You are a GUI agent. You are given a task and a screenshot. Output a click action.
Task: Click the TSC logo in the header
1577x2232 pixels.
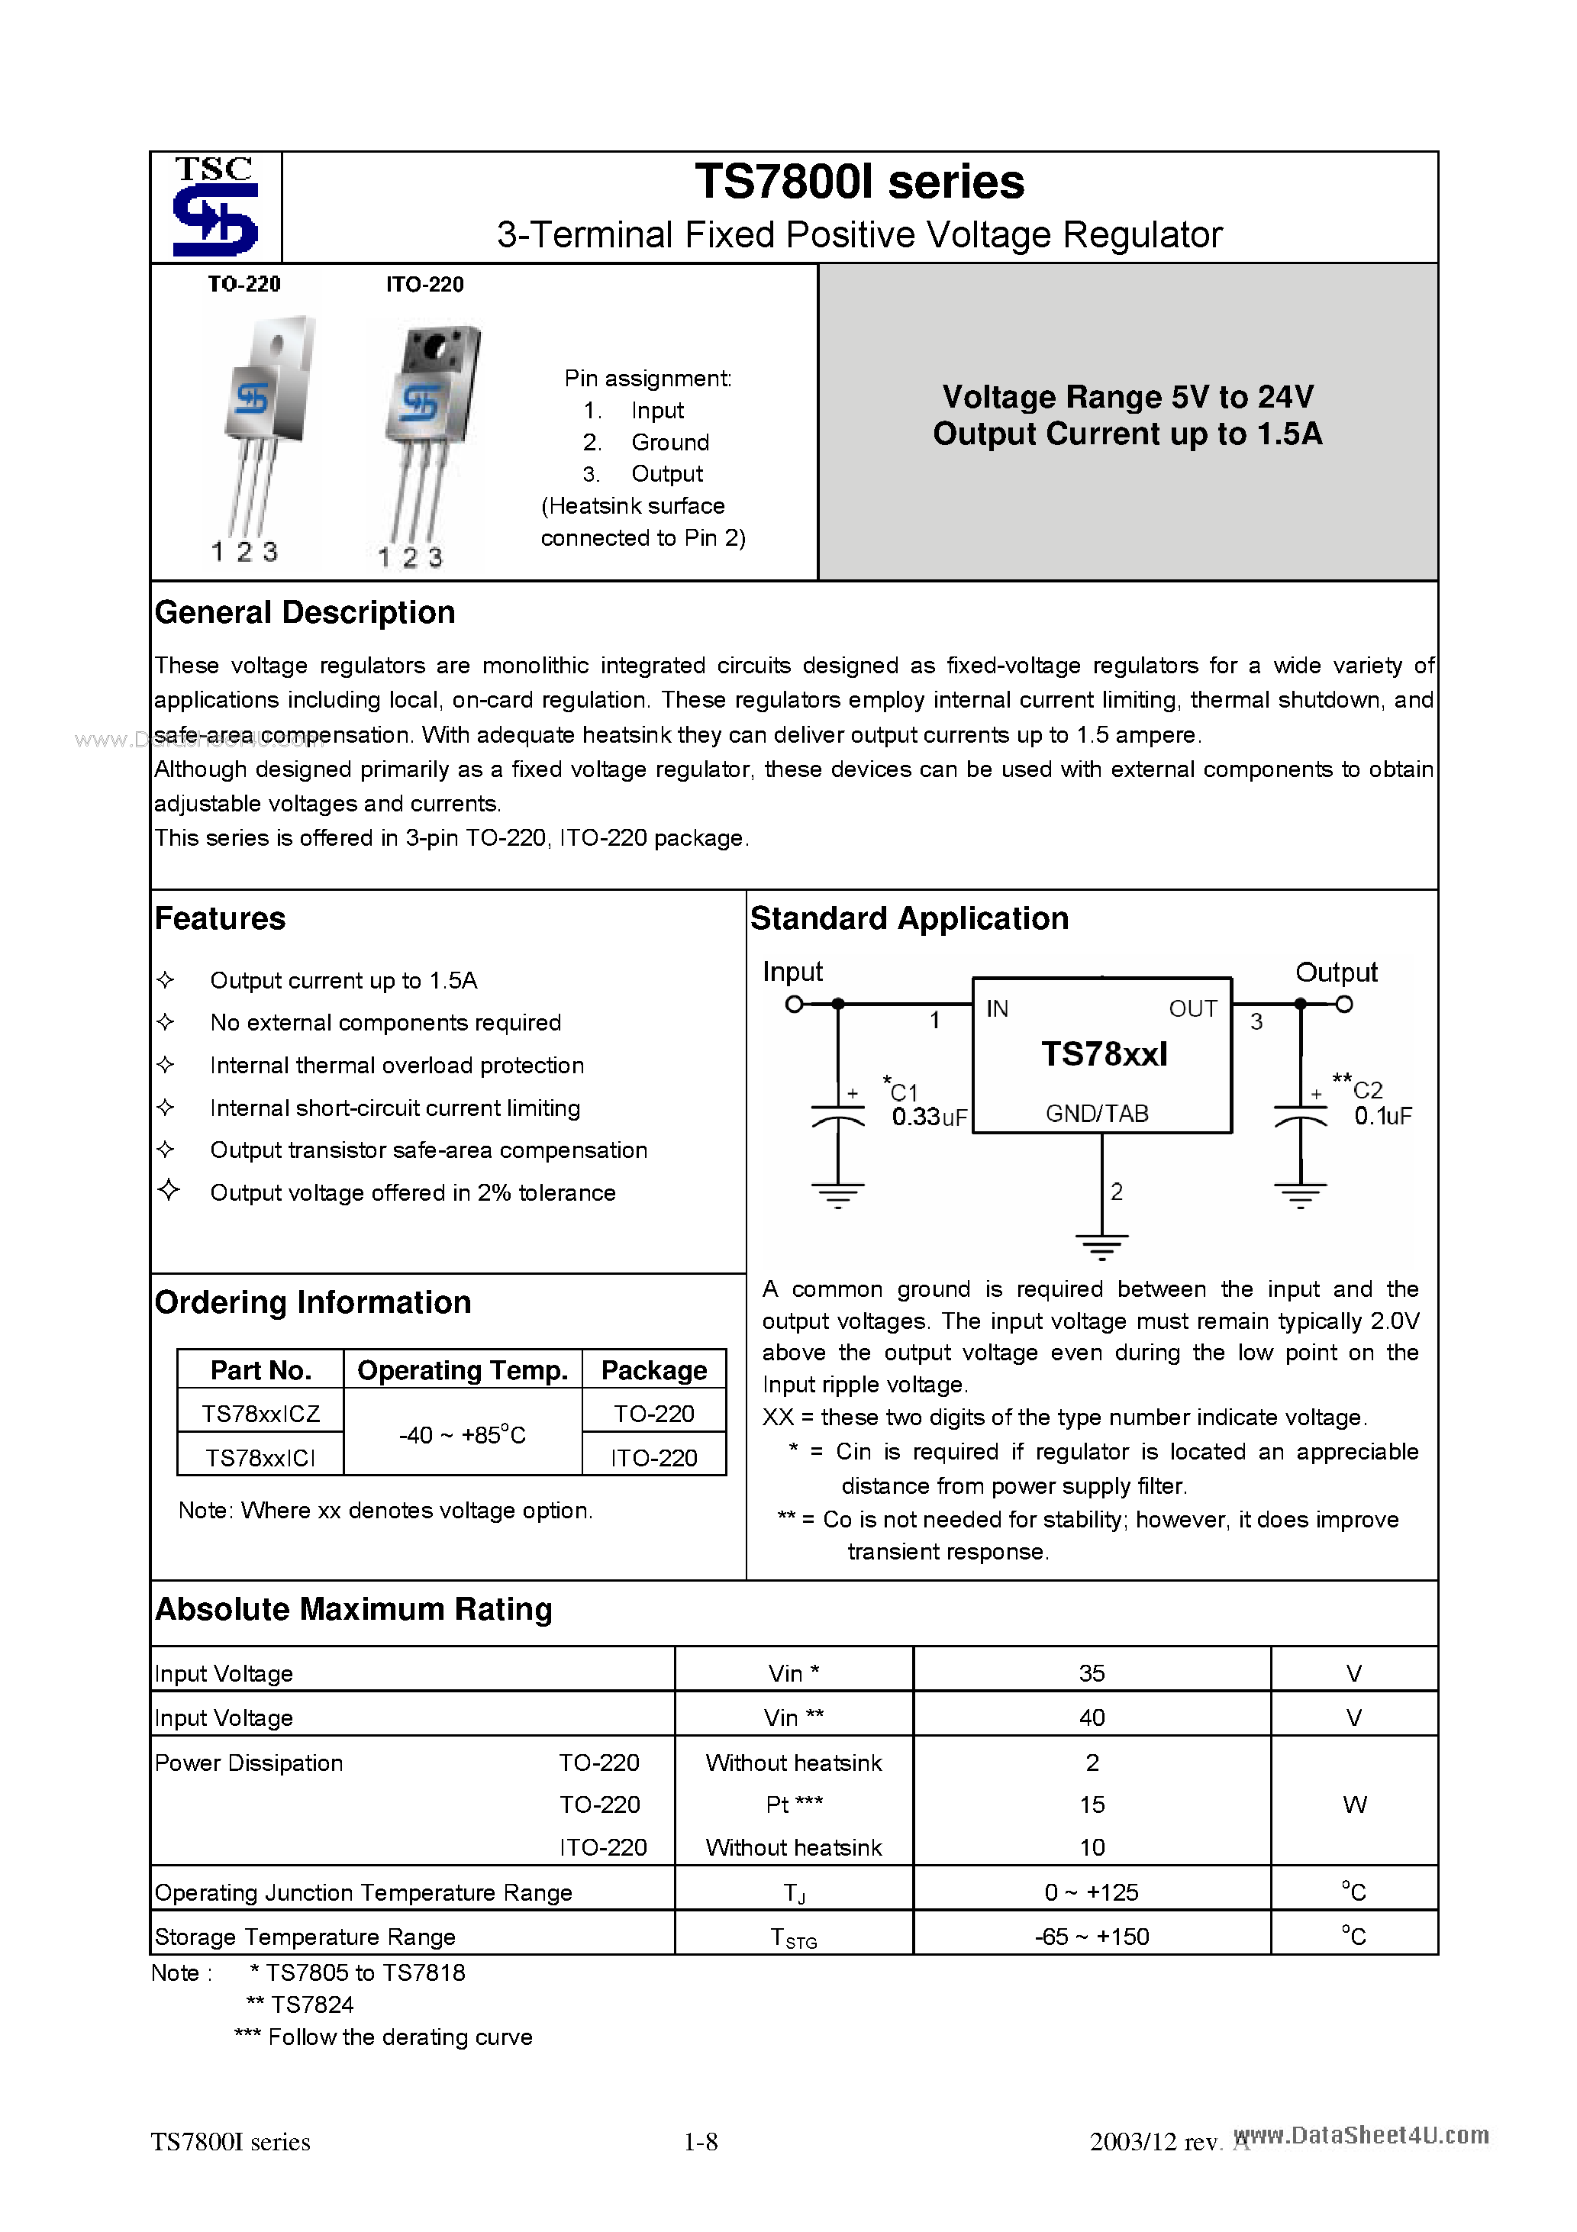point(214,207)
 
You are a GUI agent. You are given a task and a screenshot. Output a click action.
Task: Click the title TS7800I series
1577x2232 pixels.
point(859,182)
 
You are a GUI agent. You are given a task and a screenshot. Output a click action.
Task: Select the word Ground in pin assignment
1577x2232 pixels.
point(670,442)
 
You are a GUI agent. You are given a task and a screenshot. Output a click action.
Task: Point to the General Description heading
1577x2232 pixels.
point(305,612)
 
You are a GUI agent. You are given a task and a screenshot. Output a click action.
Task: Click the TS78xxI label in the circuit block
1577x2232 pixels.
point(1104,1053)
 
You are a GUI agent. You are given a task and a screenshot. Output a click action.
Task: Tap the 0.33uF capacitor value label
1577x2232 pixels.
point(928,1117)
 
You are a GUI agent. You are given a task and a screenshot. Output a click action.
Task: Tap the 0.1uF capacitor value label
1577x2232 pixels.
point(1382,1116)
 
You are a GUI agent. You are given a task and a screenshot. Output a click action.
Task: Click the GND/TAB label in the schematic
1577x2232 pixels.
point(1097,1113)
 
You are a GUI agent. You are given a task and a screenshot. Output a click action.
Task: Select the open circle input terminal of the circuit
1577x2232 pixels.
point(795,1005)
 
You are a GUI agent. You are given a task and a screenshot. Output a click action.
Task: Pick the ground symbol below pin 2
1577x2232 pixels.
point(1101,1245)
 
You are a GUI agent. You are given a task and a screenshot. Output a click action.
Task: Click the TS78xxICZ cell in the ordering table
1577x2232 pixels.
point(260,1414)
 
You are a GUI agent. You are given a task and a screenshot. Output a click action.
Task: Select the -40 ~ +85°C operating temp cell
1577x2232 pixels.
point(462,1435)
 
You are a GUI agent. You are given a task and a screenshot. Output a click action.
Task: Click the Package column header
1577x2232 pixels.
point(653,1369)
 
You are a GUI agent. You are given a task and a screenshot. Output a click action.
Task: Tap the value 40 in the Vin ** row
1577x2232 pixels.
point(1091,1718)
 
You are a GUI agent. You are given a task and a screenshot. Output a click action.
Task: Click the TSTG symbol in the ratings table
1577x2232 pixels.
point(793,1937)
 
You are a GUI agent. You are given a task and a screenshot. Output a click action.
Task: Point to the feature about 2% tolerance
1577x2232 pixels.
point(412,1193)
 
